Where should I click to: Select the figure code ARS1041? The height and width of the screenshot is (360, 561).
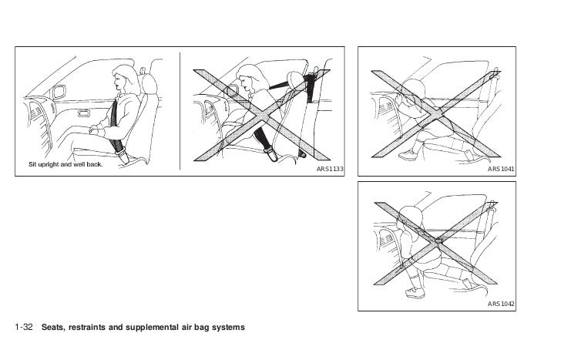(x=502, y=167)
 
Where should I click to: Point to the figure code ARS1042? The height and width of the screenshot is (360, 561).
(x=502, y=305)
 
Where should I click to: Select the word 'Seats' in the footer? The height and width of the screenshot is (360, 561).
(x=60, y=328)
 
